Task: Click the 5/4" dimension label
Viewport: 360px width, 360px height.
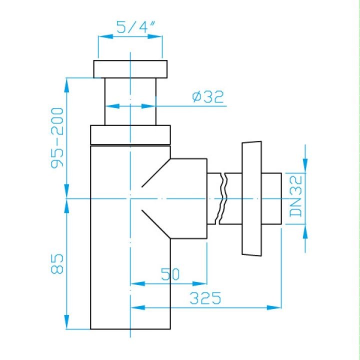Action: [136, 27]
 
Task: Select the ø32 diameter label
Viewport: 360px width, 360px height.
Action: [208, 97]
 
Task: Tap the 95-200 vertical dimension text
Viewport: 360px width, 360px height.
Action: [57, 138]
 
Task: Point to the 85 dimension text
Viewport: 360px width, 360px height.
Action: [57, 264]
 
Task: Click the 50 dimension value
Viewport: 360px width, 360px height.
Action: [170, 274]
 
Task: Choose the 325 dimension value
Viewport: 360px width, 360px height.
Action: [205, 298]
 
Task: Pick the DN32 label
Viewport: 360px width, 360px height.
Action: [295, 196]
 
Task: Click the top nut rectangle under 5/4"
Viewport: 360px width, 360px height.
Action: [130, 69]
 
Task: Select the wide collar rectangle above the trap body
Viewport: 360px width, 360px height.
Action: [130, 135]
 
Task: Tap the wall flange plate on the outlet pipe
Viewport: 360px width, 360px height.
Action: [251, 198]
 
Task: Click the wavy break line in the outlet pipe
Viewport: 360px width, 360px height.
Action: [222, 198]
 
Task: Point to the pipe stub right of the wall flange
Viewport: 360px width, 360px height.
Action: [271, 198]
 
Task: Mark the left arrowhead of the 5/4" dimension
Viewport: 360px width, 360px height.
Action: [105, 36]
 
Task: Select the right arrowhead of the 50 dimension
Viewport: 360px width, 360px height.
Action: [199, 284]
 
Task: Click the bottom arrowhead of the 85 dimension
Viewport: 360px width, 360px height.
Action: [66, 322]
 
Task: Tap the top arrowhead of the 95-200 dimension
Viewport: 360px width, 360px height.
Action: [66, 85]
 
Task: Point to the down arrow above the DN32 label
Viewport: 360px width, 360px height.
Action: [305, 166]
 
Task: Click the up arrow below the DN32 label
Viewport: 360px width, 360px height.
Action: [305, 231]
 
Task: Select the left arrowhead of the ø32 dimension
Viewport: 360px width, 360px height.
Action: [112, 106]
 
